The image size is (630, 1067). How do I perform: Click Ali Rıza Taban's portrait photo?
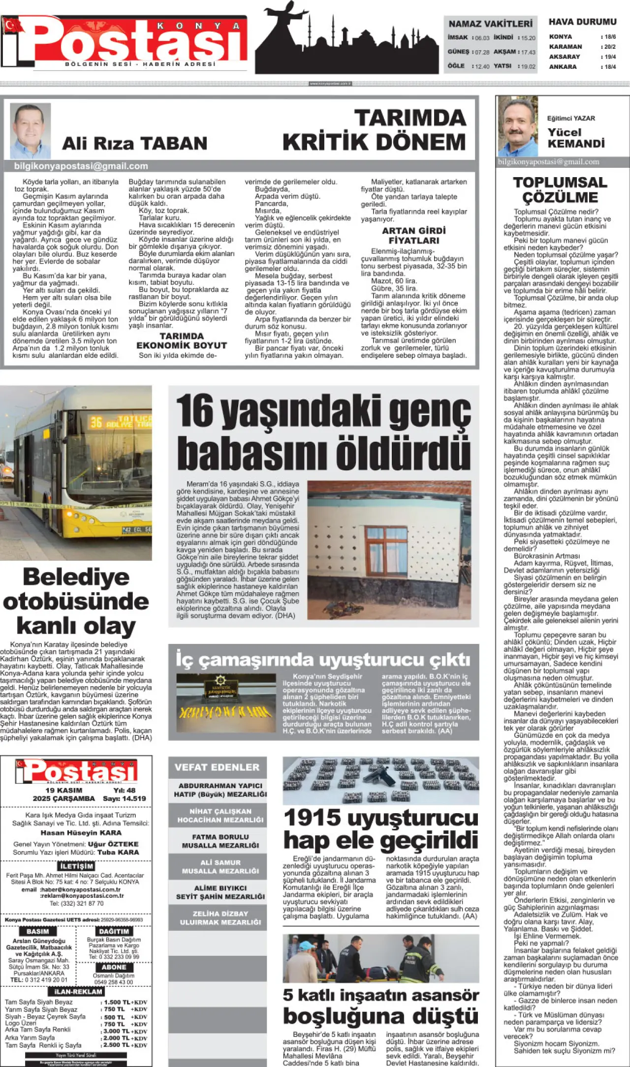coord(31,130)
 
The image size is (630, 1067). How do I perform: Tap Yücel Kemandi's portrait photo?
coord(518,126)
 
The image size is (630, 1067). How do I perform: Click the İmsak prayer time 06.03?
coord(482,38)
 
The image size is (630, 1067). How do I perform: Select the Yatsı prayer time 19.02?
coord(528,66)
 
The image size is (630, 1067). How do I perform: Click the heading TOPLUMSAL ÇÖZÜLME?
coord(560,190)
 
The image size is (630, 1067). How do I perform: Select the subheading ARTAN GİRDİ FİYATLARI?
coord(414,236)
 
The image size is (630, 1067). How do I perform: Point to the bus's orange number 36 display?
coord(96,422)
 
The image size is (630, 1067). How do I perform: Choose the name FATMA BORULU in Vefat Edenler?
coord(220,837)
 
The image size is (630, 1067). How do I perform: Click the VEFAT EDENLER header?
coord(217,767)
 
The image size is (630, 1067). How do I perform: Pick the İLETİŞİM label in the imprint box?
coord(76,866)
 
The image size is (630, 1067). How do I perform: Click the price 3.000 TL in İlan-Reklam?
coord(116,1031)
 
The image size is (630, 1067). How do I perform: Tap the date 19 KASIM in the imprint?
coord(64,790)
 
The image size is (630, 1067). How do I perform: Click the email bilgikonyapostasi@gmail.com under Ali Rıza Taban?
coord(81,166)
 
